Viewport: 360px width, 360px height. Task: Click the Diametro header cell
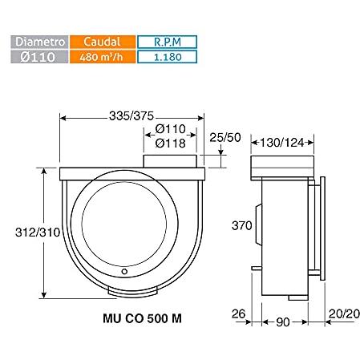39,42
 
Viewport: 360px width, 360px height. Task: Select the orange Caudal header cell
103,42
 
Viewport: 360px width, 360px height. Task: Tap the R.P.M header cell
168,42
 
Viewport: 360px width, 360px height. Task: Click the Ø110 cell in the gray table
39,57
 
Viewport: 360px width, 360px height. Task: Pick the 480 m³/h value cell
103,57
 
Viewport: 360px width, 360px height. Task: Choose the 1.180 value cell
168,57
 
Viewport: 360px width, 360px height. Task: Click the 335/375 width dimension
131,116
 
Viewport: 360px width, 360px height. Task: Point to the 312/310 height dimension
38,233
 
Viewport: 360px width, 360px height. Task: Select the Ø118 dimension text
171,144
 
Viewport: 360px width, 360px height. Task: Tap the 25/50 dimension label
225,137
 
